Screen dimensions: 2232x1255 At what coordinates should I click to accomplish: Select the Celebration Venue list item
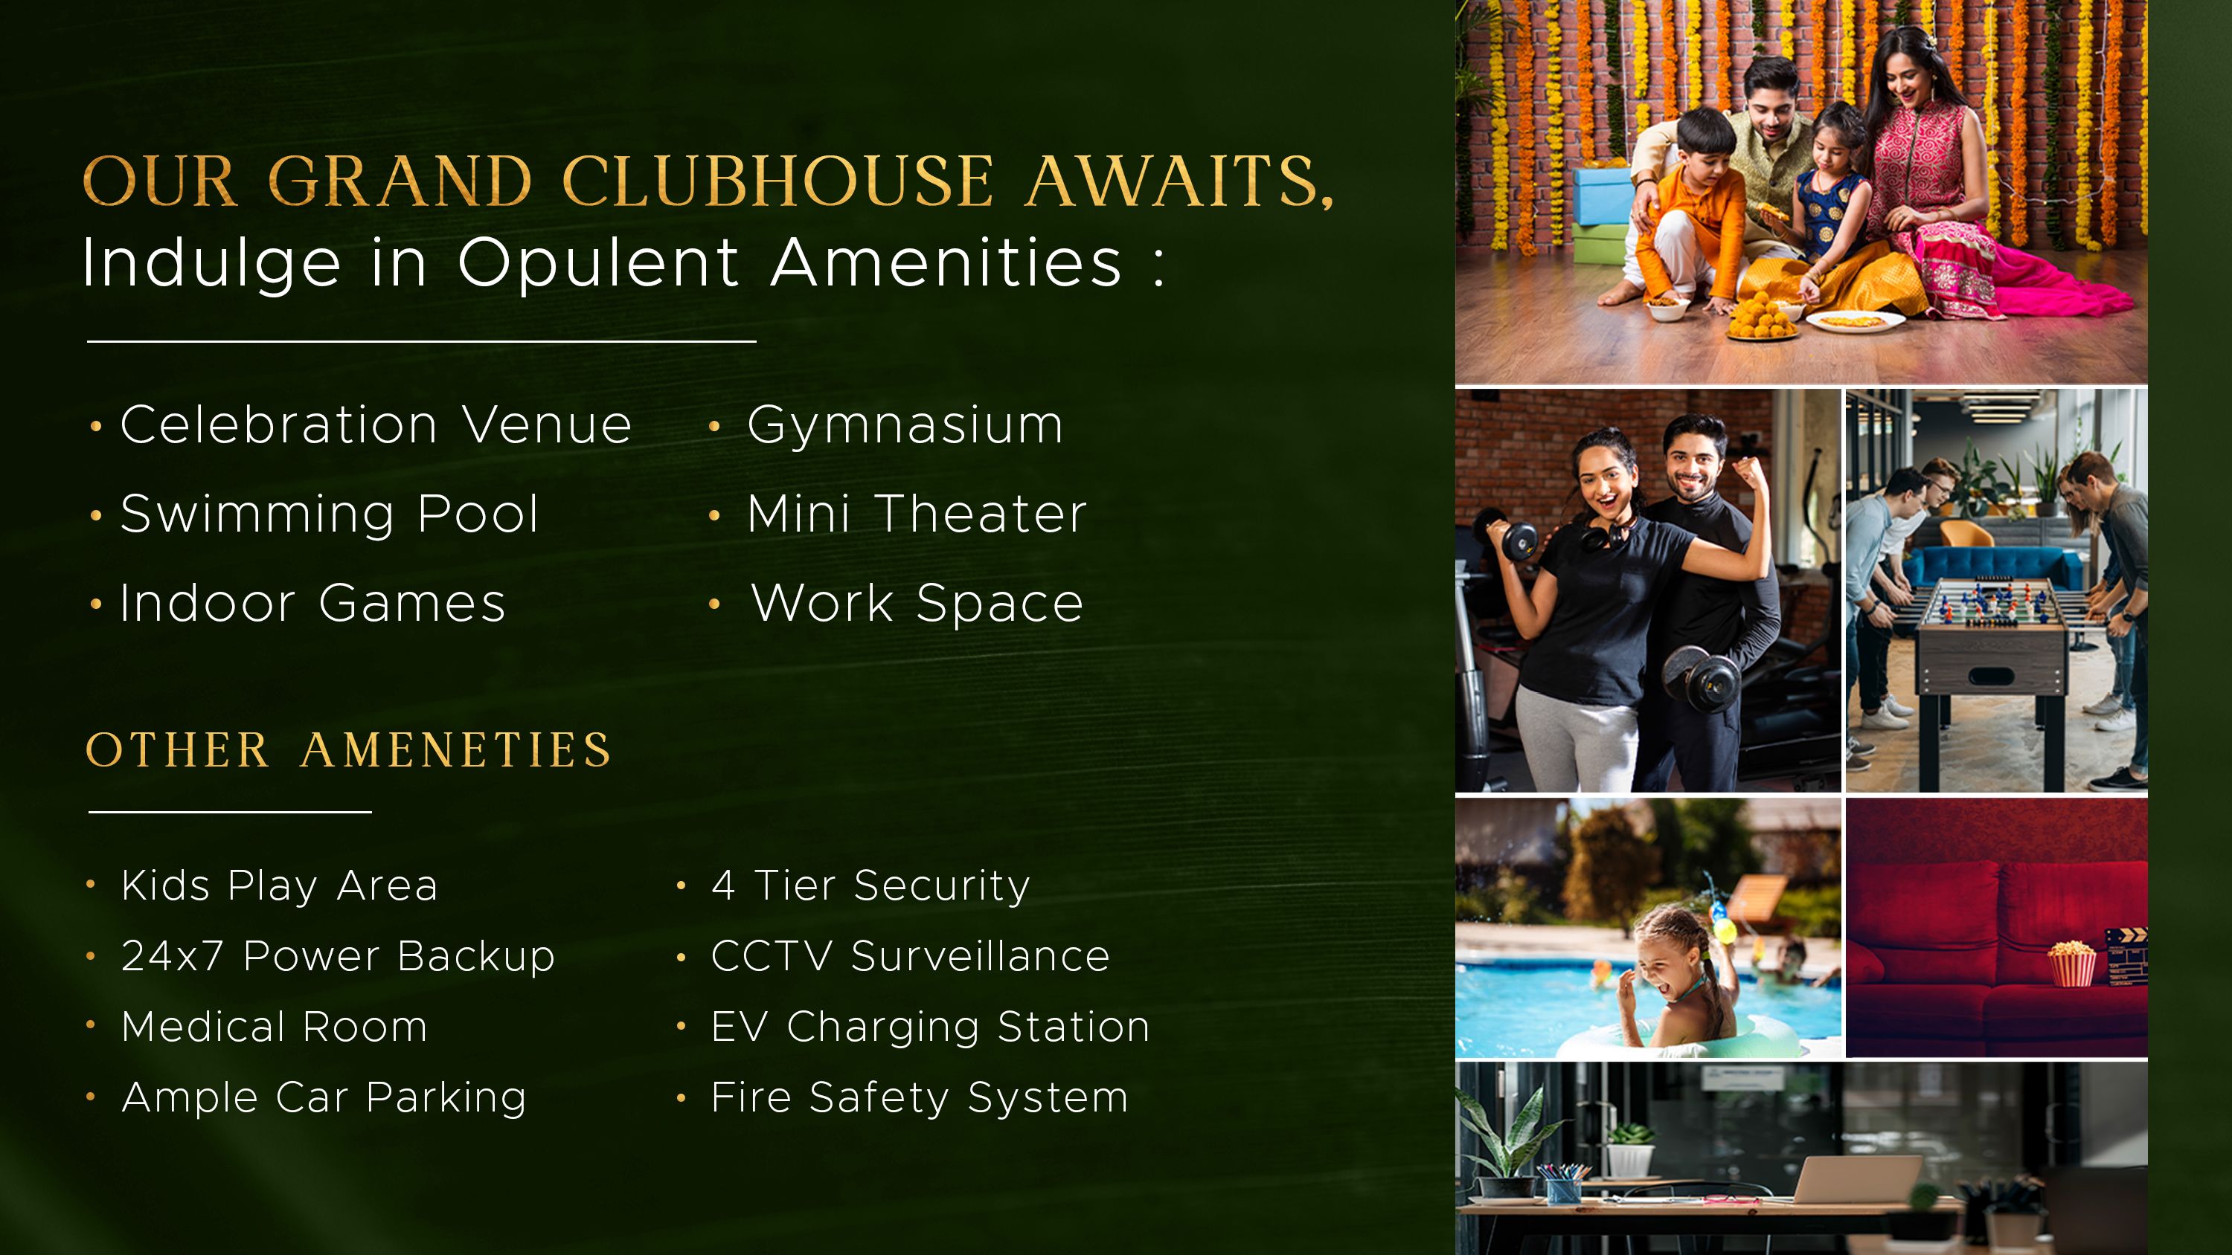[x=376, y=425]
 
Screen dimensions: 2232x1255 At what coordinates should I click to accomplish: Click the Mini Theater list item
[x=917, y=514]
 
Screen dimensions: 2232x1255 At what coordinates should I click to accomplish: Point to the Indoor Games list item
[x=312, y=603]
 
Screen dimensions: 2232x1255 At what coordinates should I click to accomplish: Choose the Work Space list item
[x=917, y=603]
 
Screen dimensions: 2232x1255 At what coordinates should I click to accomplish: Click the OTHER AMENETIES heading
[x=349, y=750]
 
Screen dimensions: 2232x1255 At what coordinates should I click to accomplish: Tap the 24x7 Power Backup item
[x=338, y=957]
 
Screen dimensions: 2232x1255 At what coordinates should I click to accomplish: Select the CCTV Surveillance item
[x=911, y=956]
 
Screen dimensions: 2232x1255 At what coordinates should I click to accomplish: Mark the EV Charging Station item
[x=931, y=1028]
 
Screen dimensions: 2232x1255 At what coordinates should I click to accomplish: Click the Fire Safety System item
[x=920, y=1098]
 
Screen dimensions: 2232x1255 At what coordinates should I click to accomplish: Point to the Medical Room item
[x=275, y=1027]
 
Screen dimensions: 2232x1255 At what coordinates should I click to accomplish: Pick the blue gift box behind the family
[x=1601, y=194]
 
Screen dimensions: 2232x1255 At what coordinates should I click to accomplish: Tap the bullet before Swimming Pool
[x=96, y=516]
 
